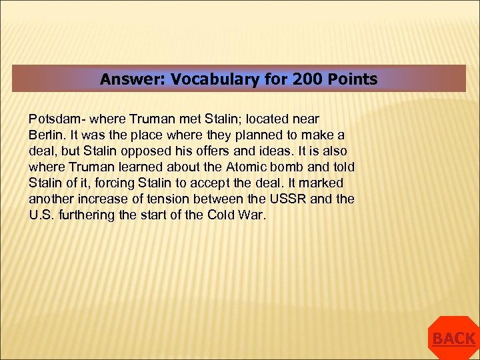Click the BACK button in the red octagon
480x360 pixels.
click(453, 339)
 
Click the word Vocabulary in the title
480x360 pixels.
click(210, 79)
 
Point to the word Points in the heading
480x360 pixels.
click(352, 79)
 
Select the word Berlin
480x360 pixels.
click(45, 135)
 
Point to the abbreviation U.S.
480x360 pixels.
click(42, 215)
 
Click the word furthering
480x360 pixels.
click(89, 215)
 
